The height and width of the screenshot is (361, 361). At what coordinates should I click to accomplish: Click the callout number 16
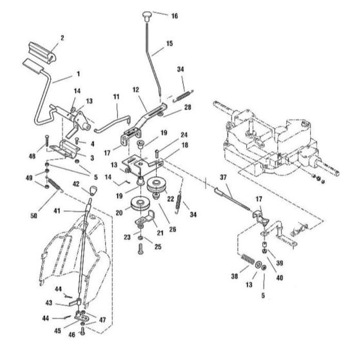175,16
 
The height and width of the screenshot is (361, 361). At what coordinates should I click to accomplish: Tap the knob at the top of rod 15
146,15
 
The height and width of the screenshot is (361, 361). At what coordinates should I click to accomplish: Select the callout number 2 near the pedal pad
62,38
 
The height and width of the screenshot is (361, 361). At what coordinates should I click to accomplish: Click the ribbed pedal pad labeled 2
43,52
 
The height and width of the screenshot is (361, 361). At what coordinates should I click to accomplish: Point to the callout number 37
223,177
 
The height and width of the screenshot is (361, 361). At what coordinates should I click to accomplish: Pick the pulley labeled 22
156,184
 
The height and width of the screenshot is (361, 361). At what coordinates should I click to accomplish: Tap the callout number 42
76,184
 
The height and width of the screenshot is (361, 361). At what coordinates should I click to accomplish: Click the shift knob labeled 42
93,190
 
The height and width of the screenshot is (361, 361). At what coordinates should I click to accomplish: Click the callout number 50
34,216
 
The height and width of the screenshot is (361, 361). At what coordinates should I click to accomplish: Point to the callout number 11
117,97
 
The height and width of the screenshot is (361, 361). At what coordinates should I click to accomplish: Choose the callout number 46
72,335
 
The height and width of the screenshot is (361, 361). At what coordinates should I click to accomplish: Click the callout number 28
188,107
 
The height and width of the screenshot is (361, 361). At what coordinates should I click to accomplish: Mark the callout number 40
280,278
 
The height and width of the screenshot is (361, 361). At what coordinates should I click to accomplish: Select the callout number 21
160,233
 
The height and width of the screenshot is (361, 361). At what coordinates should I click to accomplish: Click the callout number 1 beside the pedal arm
78,73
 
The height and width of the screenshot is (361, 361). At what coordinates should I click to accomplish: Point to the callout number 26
173,229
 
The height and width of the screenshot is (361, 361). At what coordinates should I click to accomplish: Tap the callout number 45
57,331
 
